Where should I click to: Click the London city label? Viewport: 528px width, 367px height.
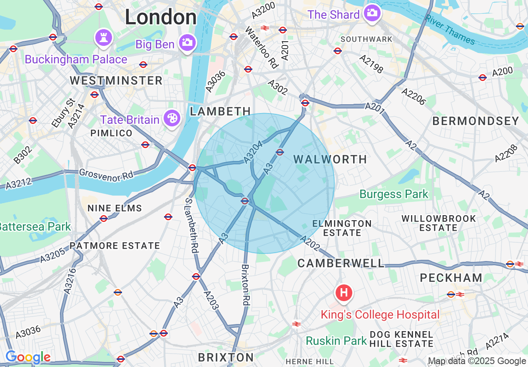161,18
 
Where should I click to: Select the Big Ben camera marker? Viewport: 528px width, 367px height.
187,43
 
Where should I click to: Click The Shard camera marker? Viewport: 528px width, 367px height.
371,13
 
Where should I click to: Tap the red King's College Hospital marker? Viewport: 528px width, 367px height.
344,292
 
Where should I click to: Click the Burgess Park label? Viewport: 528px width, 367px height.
394,194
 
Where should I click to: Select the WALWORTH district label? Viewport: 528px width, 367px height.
330,159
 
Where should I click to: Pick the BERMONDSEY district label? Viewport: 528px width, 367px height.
476,121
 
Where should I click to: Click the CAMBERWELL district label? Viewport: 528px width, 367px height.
341,263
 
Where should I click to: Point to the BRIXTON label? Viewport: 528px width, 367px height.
226,357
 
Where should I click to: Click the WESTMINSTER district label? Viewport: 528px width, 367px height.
116,80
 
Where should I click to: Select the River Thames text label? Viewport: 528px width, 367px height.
450,30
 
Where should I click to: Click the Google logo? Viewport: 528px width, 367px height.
28,357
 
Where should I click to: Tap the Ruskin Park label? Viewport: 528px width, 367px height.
336,341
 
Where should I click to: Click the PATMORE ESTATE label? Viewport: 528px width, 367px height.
115,246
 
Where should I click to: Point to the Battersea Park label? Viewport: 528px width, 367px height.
35,227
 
